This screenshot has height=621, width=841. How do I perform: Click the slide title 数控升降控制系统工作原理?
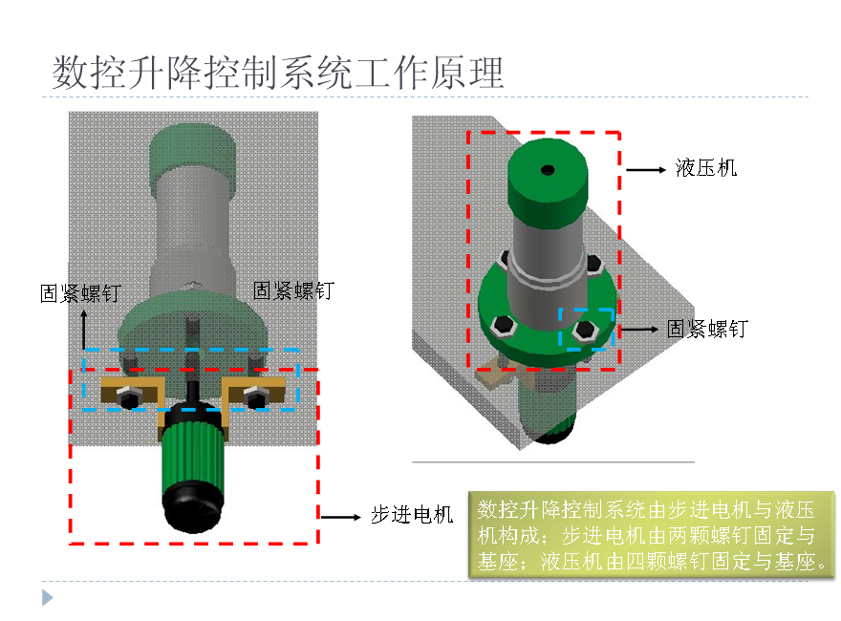point(277,73)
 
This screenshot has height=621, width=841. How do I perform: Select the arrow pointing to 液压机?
point(646,169)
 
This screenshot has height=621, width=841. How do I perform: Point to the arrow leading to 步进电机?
point(340,516)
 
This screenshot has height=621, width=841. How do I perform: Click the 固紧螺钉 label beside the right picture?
point(706,330)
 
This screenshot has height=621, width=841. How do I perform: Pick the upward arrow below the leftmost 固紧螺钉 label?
point(83,331)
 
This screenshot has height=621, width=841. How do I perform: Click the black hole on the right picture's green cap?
point(547,170)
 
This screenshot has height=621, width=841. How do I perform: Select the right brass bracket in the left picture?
point(255,389)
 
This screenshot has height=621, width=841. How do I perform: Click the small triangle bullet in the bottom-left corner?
point(47,599)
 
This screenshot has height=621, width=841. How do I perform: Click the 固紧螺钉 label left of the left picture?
point(80,293)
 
